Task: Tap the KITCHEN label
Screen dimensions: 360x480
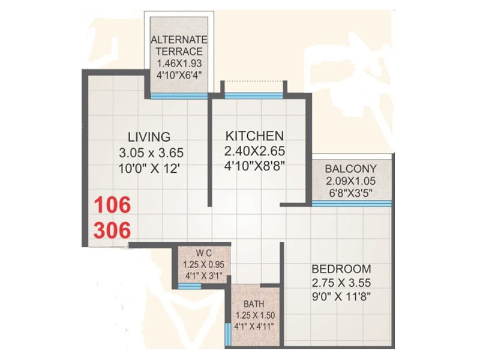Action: [x=254, y=135]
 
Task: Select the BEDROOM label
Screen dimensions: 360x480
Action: [x=341, y=268]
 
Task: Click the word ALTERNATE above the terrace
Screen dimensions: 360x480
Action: [x=178, y=40]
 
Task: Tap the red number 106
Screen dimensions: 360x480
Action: [x=110, y=206]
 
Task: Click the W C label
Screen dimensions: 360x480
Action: [x=200, y=253]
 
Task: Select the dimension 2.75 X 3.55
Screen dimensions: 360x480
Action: [x=341, y=283]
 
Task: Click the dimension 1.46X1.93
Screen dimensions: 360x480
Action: [x=178, y=63]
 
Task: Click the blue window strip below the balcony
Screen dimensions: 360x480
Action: [x=351, y=203]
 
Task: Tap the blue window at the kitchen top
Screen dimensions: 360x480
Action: [x=253, y=95]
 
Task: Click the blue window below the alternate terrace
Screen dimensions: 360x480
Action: [x=179, y=95]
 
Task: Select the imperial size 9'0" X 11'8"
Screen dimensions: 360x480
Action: [x=341, y=297]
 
